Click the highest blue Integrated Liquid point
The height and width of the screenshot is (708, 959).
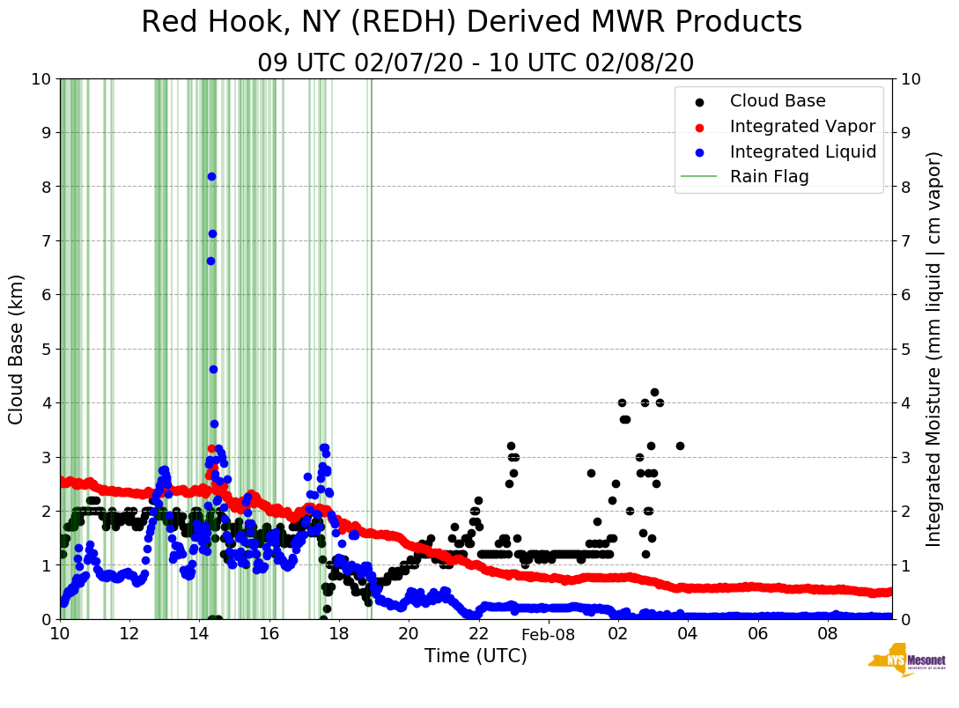click(211, 176)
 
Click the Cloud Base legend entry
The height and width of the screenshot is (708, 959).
click(778, 101)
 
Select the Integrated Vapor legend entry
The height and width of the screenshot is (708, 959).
click(802, 126)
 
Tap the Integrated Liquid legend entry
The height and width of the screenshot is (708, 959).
click(802, 151)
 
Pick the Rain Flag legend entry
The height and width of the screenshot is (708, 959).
click(769, 176)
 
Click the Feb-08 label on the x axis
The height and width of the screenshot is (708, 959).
click(548, 634)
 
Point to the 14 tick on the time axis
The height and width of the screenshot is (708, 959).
click(199, 633)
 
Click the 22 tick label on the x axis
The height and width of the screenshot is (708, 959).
click(478, 633)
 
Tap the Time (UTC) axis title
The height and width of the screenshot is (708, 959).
click(476, 656)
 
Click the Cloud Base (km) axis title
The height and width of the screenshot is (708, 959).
click(17, 349)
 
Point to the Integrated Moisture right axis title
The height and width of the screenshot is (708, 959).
click(934, 349)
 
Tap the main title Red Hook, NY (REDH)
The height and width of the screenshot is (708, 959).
click(471, 23)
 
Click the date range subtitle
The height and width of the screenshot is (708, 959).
click(476, 63)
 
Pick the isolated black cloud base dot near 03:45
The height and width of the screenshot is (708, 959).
click(680, 446)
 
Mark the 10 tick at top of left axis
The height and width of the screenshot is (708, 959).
click(40, 78)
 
